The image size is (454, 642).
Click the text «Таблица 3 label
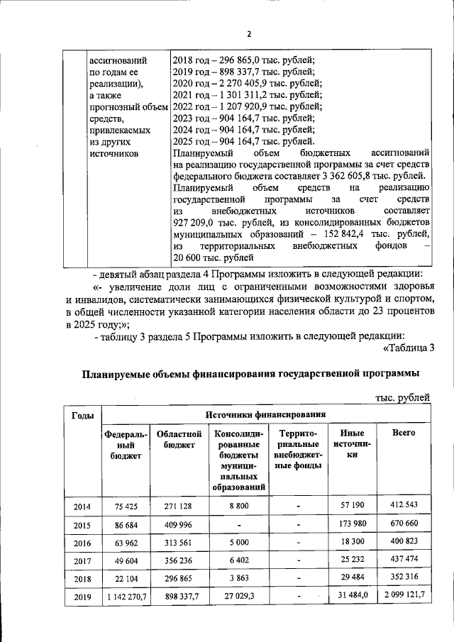click(x=408, y=346)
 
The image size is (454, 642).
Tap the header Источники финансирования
click(x=266, y=414)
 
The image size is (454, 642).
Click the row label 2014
click(x=82, y=506)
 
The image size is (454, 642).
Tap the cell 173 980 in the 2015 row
click(x=353, y=524)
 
